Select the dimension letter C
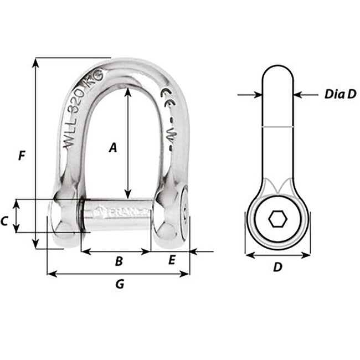[x=4, y=221]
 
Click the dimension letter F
[x=22, y=156]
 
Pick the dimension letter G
[x=119, y=284]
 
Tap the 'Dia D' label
[x=340, y=95]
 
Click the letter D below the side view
[x=278, y=267]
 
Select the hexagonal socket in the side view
[x=277, y=219]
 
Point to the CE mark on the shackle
[x=166, y=94]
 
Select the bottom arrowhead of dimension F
[x=36, y=245]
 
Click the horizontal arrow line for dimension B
[x=116, y=251]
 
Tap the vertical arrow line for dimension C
[x=16, y=215]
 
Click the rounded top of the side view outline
[x=277, y=69]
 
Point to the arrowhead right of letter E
[x=193, y=251]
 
